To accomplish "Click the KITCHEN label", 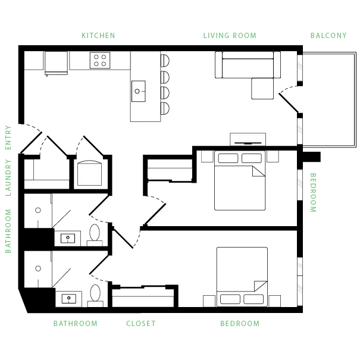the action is click(x=98, y=36).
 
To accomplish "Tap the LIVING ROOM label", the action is click(x=230, y=36).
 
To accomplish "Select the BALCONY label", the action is click(x=328, y=36).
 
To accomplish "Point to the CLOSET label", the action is click(x=141, y=324).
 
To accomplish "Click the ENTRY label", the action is click(x=8, y=137).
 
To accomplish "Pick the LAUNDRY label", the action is click(x=8, y=178).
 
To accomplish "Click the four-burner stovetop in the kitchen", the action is click(x=100, y=60).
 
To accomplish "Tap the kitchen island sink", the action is click(x=139, y=91).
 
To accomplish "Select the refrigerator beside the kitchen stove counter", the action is click(x=56, y=63).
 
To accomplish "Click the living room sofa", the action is click(x=248, y=65).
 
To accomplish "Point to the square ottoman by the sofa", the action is click(x=262, y=89).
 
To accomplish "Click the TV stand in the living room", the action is click(x=248, y=139).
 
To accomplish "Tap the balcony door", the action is click(x=289, y=103).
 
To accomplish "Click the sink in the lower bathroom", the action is click(x=69, y=298).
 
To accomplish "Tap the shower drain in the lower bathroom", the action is click(x=38, y=268).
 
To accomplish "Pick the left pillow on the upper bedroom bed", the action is click(x=228, y=158).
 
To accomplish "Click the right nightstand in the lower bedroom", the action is click(x=274, y=300).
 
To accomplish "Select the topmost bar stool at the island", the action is click(x=165, y=61).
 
